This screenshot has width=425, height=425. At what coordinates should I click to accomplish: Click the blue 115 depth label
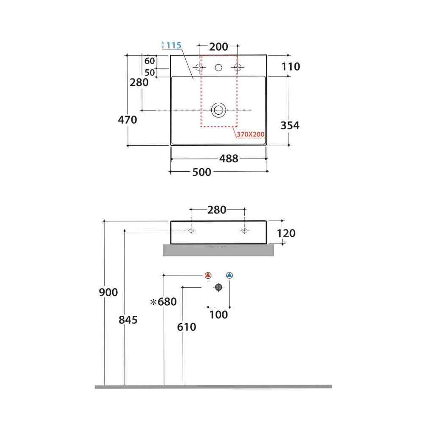174,45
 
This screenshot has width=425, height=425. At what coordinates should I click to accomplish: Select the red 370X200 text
251,134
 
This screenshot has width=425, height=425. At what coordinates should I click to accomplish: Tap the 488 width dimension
229,159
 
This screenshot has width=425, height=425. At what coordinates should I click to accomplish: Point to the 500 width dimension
201,172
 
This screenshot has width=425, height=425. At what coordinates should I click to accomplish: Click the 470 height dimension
127,119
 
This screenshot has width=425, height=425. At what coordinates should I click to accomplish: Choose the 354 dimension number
290,125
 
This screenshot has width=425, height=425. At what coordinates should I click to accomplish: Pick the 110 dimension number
291,67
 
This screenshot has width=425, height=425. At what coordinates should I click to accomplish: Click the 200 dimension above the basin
218,47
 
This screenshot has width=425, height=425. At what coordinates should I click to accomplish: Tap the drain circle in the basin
218,110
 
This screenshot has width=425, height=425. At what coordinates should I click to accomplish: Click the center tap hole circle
218,67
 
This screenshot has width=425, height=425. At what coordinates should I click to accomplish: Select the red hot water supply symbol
208,275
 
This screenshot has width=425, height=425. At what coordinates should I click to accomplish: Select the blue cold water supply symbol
229,275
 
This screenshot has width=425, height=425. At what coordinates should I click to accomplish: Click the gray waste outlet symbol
218,287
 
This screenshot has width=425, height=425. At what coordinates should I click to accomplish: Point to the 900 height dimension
108,292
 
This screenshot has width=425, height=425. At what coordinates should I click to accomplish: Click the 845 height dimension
128,320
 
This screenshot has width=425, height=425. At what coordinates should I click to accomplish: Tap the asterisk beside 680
153,302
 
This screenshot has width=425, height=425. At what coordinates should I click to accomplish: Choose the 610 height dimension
187,327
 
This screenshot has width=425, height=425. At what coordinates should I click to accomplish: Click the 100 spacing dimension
218,314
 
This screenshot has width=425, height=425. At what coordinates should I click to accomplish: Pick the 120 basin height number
286,233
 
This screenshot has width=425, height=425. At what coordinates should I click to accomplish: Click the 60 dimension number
150,61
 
